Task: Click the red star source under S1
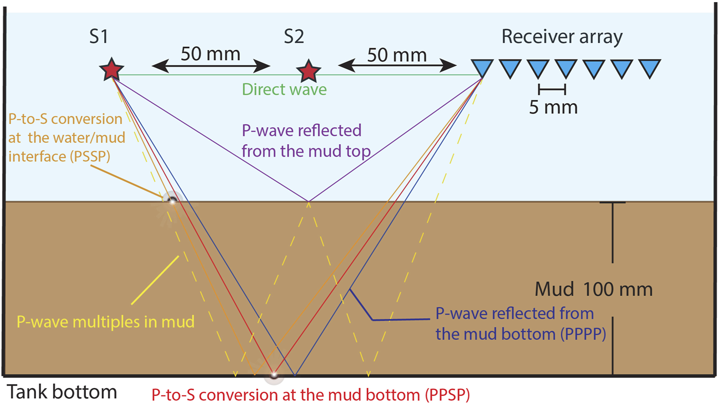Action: coord(111,70)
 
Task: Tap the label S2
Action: coord(294,37)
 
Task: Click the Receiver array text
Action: coord(562,37)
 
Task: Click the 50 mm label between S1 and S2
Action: coord(211,54)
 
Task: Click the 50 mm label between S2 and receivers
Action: coord(397,54)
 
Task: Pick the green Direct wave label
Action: coord(284,89)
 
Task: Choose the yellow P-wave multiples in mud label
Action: coord(106,322)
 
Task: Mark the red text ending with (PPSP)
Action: coord(310,395)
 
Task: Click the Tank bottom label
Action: coord(61,392)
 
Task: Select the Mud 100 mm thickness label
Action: coord(593,290)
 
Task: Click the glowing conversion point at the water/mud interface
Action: coord(172,201)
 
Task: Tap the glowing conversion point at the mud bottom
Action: coord(274,375)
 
